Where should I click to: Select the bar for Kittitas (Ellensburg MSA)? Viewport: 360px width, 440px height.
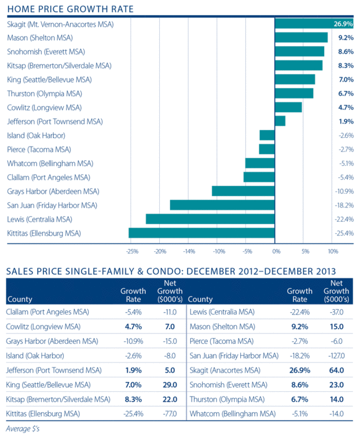[201, 233]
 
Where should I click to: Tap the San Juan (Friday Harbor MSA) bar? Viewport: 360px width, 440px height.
[222, 205]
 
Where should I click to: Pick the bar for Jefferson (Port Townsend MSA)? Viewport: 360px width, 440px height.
[280, 121]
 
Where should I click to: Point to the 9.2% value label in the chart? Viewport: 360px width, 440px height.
[346, 38]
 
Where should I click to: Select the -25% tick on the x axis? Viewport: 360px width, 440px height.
[131, 252]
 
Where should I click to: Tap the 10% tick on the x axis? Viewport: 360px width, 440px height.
[333, 252]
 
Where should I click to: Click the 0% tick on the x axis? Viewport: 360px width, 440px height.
[275, 252]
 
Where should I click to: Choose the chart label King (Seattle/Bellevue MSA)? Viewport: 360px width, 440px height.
[49, 79]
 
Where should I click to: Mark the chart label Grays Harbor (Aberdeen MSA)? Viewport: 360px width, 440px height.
[53, 191]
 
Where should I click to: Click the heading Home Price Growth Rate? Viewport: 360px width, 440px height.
[70, 9]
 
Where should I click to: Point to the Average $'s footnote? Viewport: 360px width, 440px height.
[23, 429]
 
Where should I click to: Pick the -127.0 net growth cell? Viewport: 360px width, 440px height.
[337, 355]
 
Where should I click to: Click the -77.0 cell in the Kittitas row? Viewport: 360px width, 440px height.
[171, 413]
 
